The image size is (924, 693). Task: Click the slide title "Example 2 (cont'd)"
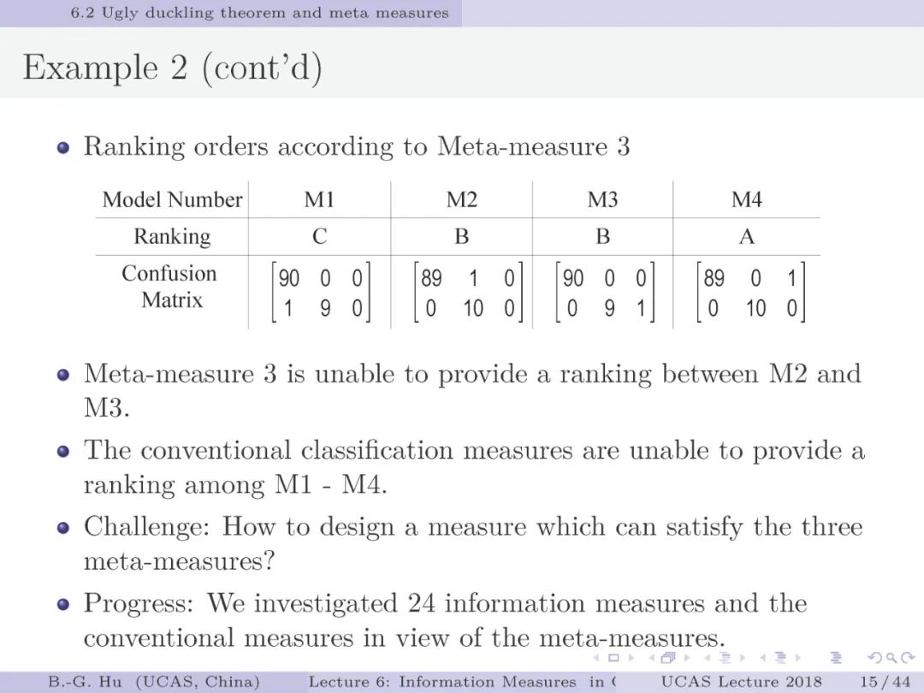(172, 68)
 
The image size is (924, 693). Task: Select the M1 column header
(319, 200)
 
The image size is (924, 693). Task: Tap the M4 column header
(746, 200)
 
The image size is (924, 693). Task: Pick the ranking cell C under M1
(319, 237)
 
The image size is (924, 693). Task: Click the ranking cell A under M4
(746, 237)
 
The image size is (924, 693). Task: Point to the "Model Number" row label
(172, 200)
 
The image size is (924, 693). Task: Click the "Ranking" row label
(172, 237)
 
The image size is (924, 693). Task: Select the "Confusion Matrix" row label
(169, 287)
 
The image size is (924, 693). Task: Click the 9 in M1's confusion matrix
(325, 308)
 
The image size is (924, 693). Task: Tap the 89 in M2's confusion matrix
(431, 279)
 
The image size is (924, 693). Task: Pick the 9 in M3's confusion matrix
(609, 308)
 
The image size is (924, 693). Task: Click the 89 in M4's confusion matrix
(714, 279)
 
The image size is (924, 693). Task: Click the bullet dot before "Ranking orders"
(62, 147)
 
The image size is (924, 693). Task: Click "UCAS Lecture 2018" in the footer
(741, 682)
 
